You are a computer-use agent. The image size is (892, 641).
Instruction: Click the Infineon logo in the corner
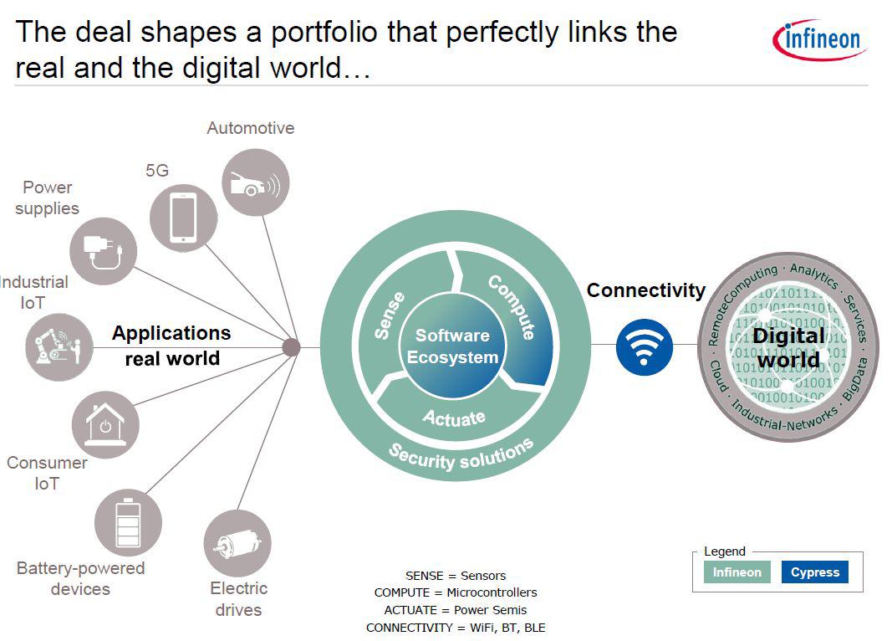point(818,39)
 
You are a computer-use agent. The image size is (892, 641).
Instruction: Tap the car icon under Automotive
point(256,182)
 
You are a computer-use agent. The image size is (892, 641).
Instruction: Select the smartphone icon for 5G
point(183,218)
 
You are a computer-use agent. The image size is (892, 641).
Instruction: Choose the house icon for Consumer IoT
point(105,424)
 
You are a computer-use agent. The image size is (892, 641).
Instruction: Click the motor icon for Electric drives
point(237,543)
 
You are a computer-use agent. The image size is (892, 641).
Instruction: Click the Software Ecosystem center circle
point(452,346)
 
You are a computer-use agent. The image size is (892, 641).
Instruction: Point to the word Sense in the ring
point(390,315)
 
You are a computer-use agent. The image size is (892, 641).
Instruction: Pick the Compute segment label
point(512,306)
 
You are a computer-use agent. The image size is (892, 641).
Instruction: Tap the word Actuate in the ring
point(454,417)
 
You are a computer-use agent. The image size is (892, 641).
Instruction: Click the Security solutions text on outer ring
point(461,454)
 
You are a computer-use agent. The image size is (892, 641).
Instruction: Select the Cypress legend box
point(814,572)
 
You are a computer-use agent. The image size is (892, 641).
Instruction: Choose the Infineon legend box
point(737,572)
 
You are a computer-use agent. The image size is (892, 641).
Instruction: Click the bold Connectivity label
point(645,290)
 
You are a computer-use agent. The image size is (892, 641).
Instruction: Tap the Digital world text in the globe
point(788,347)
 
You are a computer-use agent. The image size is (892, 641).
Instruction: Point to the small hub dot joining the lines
point(291,347)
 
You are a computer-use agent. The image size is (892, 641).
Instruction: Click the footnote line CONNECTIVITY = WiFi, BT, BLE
point(456,628)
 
